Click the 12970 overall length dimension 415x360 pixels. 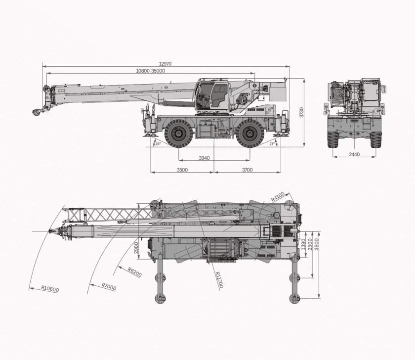(x=166, y=64)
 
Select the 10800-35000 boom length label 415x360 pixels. (x=150, y=71)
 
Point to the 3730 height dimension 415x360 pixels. (x=302, y=113)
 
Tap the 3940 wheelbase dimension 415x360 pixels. (x=204, y=158)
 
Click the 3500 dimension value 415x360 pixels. (x=182, y=170)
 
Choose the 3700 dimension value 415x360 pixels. (x=247, y=170)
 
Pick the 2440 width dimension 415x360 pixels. (x=354, y=154)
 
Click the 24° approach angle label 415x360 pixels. (x=158, y=144)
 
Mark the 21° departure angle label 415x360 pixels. (x=272, y=144)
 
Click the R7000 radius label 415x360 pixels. (x=109, y=285)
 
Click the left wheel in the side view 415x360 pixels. (x=178, y=133)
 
